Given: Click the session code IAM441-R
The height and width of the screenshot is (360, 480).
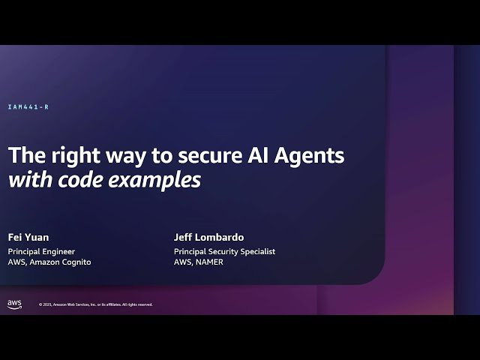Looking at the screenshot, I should pos(28,107).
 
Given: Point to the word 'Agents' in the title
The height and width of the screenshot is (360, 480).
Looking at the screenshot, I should pos(312,156).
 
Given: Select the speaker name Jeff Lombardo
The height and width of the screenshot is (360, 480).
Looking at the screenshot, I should pos(208,238).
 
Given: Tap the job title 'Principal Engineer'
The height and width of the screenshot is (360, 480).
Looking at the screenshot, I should pos(41,251).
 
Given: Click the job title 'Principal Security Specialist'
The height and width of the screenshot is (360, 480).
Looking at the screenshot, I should pos(224,251).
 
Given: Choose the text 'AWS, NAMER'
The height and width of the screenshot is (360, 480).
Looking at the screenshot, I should pos(198,262).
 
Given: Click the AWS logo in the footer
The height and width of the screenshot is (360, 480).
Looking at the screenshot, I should pos(14,304).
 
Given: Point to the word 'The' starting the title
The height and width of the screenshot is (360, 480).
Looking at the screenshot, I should pos(22,155).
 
